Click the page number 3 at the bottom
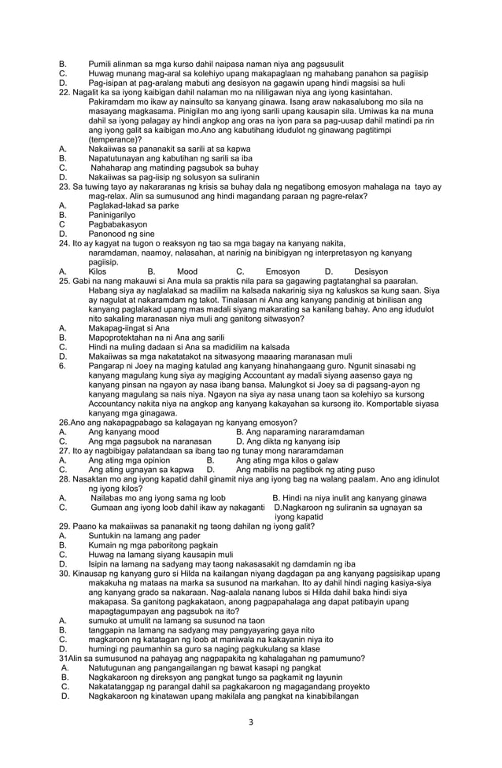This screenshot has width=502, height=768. pyautogui.click(x=250, y=722)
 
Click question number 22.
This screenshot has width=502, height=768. pyautogui.click(x=65, y=93)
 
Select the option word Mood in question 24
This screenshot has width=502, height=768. pyautogui.click(x=187, y=271)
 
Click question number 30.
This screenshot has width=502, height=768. pyautogui.click(x=65, y=575)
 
